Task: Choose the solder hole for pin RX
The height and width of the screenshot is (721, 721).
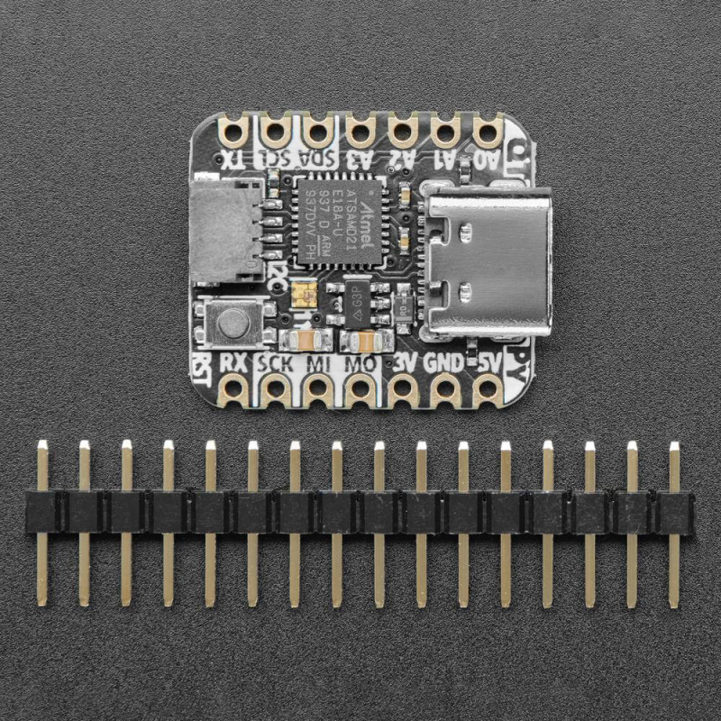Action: click(233, 390)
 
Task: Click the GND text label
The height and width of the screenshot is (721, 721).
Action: click(443, 363)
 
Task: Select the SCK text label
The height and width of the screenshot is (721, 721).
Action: click(274, 364)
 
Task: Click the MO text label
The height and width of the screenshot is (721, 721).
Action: click(360, 364)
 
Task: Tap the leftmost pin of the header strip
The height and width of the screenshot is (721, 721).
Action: click(42, 523)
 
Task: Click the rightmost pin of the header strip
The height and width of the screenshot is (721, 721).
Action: click(674, 523)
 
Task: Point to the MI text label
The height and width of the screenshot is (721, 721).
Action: click(318, 364)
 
